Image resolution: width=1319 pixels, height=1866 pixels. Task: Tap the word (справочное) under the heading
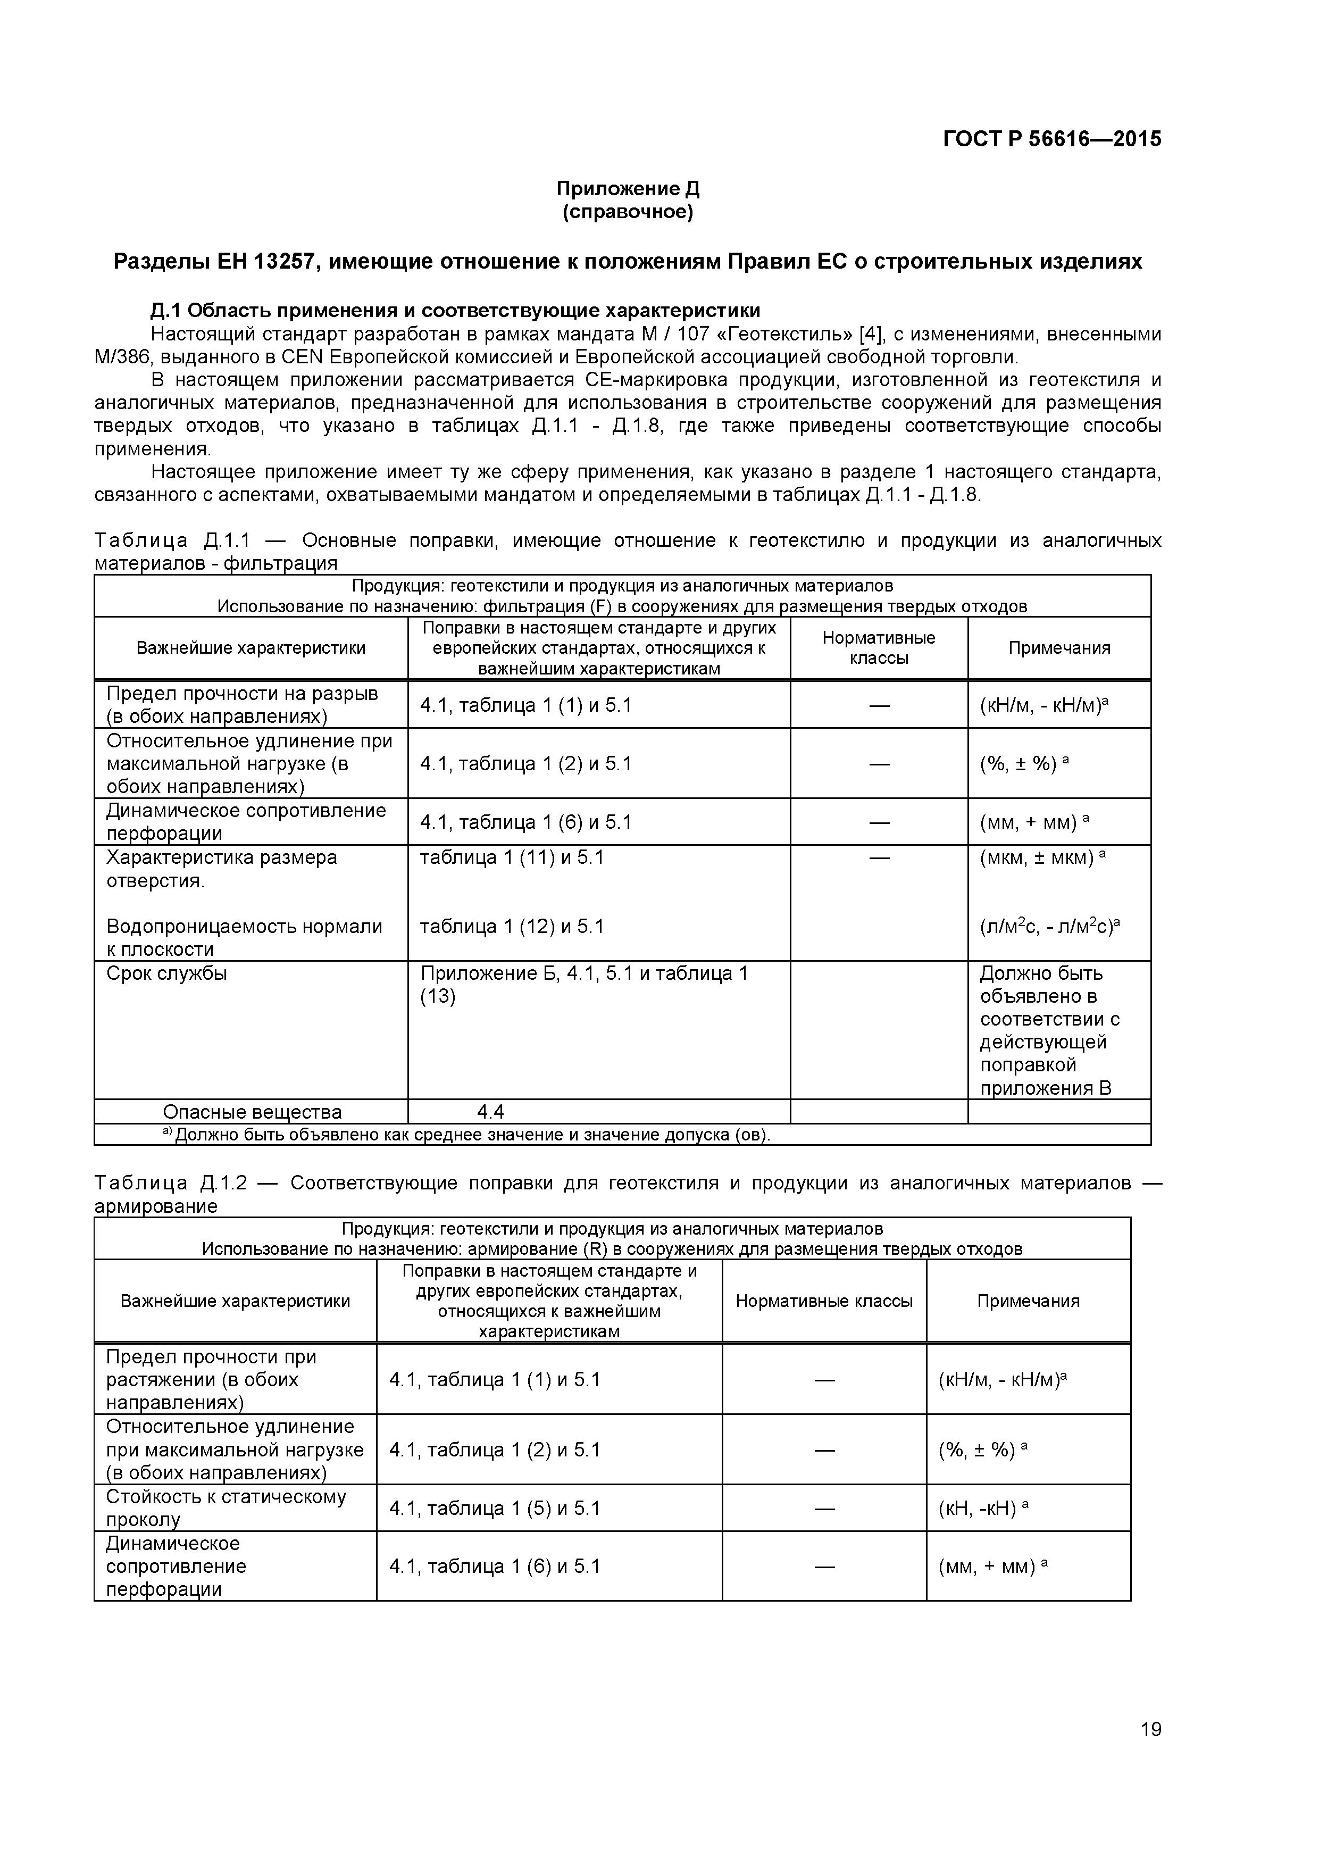628,212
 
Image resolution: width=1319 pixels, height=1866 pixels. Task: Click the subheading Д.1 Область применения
455,311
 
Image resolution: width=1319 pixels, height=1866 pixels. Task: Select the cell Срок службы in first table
166,973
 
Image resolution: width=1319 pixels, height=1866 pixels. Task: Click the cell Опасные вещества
252,1112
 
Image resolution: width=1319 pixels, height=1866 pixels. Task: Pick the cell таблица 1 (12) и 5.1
512,927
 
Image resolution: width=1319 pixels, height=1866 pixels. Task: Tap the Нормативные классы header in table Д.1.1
879,648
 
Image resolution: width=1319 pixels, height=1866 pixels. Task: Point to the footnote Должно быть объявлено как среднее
471,1135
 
